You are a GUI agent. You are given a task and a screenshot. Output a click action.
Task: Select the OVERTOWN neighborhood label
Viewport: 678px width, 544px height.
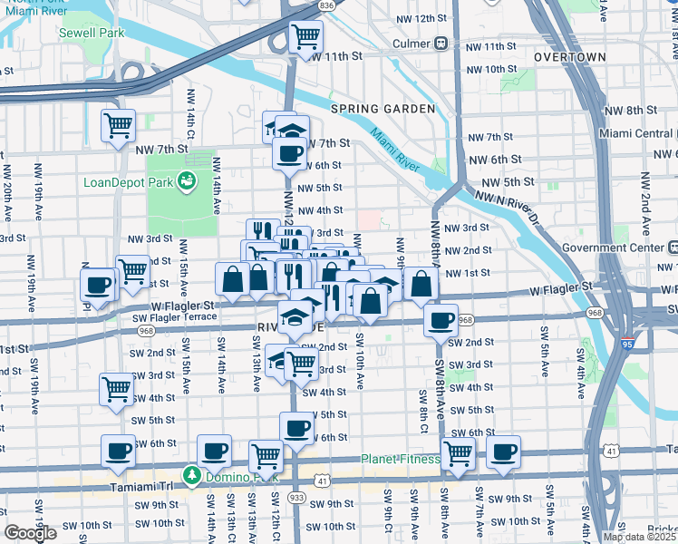click(568, 56)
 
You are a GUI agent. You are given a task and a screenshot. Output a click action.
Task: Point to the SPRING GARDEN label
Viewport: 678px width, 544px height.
click(383, 109)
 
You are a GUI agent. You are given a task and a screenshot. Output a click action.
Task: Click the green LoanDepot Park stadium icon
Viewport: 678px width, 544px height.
click(188, 181)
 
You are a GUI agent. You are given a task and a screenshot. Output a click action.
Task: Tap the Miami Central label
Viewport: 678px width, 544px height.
click(637, 133)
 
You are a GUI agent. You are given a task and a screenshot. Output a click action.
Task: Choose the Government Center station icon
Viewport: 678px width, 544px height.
click(672, 248)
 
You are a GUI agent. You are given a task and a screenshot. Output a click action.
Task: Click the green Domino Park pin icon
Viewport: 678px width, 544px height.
click(191, 475)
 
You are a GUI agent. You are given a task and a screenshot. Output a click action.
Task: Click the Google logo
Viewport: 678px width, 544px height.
click(31, 533)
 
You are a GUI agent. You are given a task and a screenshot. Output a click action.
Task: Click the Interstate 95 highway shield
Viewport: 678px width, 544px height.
click(628, 345)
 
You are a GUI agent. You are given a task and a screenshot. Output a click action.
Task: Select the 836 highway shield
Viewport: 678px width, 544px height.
click(326, 5)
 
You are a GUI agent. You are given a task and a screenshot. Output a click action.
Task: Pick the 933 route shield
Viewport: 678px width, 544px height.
click(296, 498)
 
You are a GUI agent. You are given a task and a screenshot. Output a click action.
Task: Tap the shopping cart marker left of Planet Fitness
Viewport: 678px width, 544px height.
click(459, 454)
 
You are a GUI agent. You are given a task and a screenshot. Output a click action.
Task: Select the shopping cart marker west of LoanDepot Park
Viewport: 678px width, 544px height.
click(118, 126)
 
